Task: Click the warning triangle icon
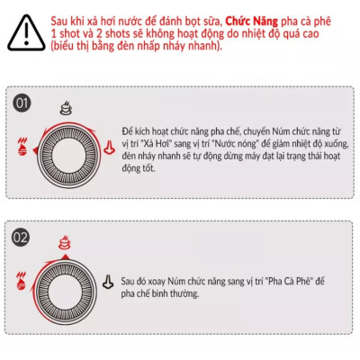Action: (x=26, y=33)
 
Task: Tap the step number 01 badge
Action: (x=22, y=103)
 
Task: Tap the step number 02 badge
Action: (x=21, y=238)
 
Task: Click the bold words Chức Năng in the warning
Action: (x=251, y=22)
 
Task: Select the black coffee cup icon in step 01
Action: (x=66, y=109)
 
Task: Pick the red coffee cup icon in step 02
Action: (x=65, y=242)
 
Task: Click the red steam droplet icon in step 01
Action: (x=22, y=147)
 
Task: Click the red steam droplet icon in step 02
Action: (x=22, y=281)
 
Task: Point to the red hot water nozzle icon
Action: (x=109, y=148)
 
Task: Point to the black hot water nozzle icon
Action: (x=108, y=282)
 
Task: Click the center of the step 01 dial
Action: (x=68, y=155)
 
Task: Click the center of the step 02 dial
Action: (x=65, y=290)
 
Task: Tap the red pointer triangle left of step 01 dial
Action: (x=35, y=150)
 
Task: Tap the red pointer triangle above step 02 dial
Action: (x=65, y=256)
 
